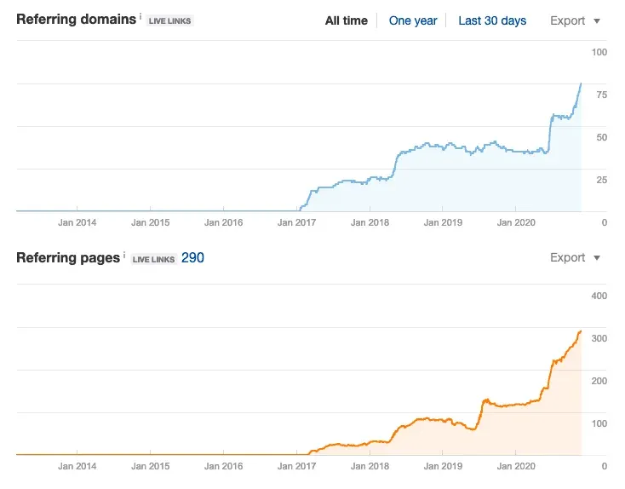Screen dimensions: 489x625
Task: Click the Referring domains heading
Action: [x=75, y=19]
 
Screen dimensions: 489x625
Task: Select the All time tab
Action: [x=346, y=20]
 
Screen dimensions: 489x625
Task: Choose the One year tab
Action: [x=413, y=20]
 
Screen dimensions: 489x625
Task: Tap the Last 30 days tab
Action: [x=492, y=20]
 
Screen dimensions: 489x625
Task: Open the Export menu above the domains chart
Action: [x=575, y=20]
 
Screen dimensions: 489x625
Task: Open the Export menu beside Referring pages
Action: [x=575, y=257]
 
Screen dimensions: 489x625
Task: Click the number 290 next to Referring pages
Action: [x=192, y=257]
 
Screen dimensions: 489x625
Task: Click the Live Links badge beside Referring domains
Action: [x=169, y=20]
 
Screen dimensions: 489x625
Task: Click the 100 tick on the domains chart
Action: [x=599, y=53]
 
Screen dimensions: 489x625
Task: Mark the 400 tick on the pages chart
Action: [x=599, y=296]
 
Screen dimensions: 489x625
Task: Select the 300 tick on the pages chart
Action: [x=599, y=338]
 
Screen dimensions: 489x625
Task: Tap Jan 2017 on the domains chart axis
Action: [x=296, y=223]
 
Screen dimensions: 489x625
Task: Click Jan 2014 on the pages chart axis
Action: [x=77, y=466]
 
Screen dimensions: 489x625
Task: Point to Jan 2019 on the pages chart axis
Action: [x=442, y=466]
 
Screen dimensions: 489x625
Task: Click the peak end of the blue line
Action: [x=581, y=83]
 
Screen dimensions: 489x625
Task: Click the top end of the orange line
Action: [x=581, y=331]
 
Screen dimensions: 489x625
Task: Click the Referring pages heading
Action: [x=68, y=257]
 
